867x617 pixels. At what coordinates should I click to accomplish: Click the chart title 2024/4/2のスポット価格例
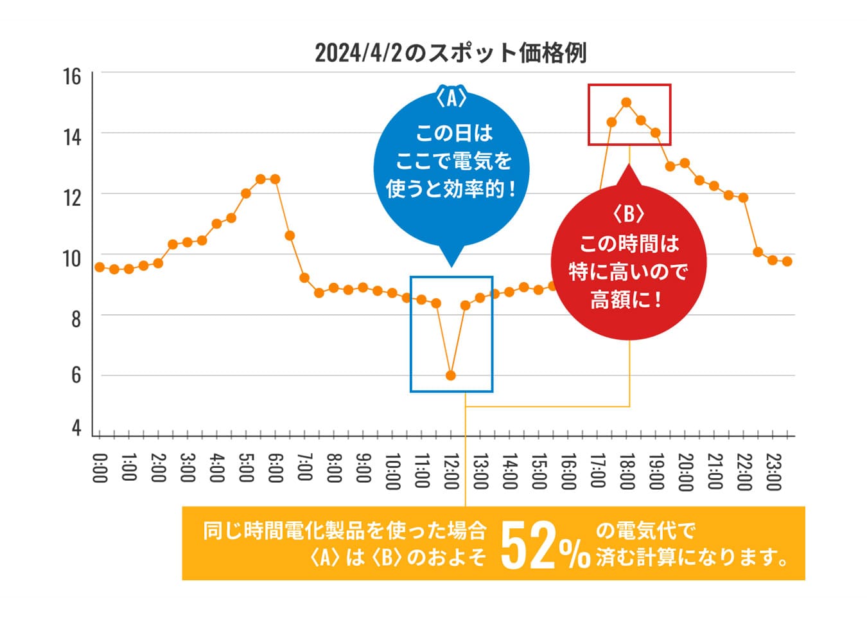(x=450, y=53)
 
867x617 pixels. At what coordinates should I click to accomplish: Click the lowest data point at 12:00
(x=451, y=375)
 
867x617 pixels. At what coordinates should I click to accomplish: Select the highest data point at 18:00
(x=626, y=102)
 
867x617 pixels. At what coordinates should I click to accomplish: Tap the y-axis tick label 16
(x=72, y=76)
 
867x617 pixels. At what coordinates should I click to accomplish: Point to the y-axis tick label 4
(x=76, y=427)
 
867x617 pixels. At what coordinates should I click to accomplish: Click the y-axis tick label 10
(x=72, y=258)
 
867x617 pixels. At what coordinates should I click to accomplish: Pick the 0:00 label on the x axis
(x=100, y=468)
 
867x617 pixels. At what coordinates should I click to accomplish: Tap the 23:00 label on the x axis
(x=773, y=471)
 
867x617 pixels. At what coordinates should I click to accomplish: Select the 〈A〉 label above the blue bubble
(x=451, y=98)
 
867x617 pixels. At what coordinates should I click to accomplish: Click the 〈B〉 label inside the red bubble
(x=628, y=213)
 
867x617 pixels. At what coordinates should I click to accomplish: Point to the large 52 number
(x=528, y=545)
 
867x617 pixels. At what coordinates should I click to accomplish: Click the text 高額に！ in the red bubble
(x=626, y=300)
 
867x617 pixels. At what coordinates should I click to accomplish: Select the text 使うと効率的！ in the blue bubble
(x=451, y=189)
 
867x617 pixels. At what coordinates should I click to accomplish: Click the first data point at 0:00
(x=100, y=267)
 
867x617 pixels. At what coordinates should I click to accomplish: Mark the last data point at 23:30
(x=787, y=262)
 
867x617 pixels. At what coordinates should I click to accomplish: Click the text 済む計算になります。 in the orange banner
(x=692, y=557)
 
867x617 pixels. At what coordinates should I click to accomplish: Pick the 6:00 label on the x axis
(x=275, y=468)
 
